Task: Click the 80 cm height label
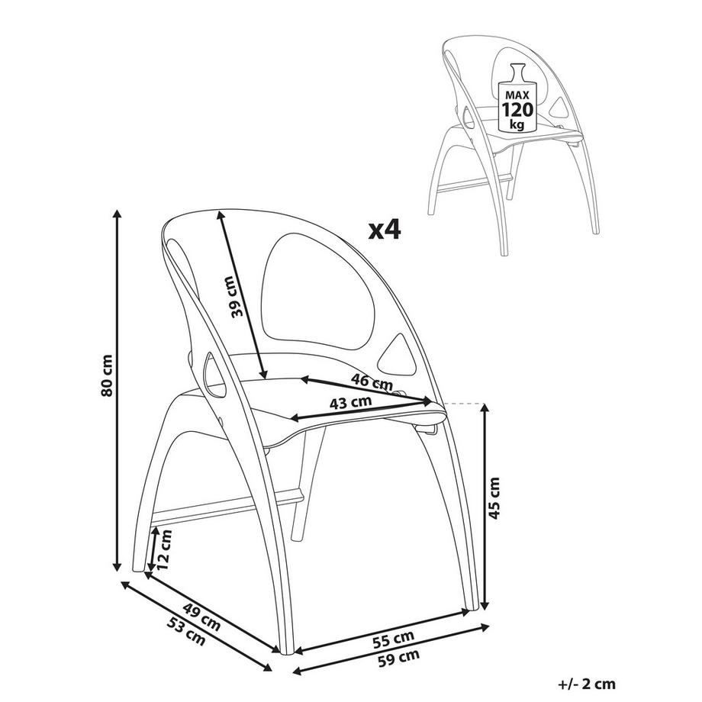(x=108, y=375)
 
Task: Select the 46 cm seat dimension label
(x=372, y=382)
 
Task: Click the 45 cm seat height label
(x=494, y=498)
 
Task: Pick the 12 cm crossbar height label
(x=165, y=549)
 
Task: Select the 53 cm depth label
(x=185, y=631)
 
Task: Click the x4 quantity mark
(x=384, y=230)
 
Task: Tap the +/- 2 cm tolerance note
(x=587, y=684)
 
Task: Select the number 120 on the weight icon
(x=517, y=109)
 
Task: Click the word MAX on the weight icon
(x=517, y=95)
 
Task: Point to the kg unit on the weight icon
(x=517, y=124)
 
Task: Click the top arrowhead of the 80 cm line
(x=118, y=214)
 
